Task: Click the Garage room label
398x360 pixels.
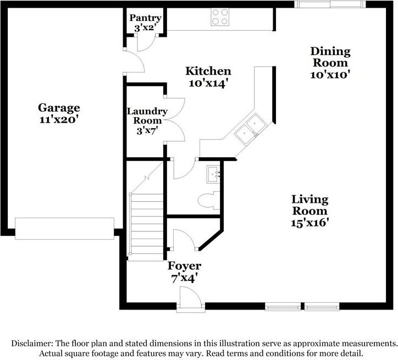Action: tap(59, 108)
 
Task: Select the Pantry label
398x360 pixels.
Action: tap(145, 18)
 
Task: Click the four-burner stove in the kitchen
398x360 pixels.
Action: tap(220, 17)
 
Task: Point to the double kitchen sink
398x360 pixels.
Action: tap(249, 128)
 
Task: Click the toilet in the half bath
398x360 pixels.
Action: tap(207, 200)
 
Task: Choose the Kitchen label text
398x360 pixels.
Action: tap(208, 71)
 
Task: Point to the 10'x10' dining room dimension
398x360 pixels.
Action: tap(330, 73)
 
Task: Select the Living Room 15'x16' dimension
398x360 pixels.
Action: tap(309, 223)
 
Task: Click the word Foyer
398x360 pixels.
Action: tap(184, 266)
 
